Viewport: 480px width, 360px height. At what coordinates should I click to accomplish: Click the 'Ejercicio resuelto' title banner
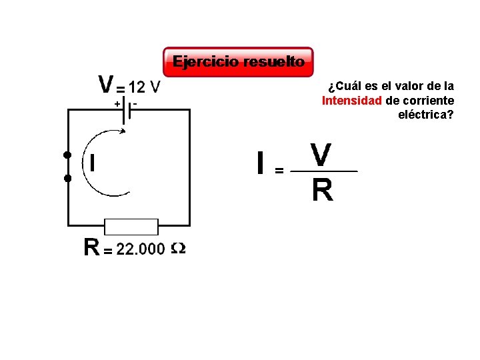[x=238, y=62]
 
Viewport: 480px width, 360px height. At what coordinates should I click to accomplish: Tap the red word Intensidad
[x=352, y=101]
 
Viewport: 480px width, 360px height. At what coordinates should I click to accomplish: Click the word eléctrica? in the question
[x=426, y=115]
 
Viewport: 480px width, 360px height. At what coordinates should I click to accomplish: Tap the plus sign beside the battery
[x=117, y=103]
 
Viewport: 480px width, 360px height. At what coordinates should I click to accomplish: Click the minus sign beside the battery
[x=135, y=103]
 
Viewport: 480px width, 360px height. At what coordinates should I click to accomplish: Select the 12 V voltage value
[x=144, y=87]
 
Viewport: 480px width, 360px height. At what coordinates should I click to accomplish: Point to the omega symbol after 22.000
[x=178, y=249]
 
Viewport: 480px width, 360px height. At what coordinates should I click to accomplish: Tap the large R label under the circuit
[x=92, y=248]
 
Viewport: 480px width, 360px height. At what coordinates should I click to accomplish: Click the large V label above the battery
[x=106, y=85]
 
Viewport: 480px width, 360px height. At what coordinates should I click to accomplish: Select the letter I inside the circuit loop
[x=91, y=163]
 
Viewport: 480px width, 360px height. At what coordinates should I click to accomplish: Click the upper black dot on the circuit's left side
[x=67, y=155]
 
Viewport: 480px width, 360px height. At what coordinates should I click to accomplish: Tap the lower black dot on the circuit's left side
[x=67, y=179]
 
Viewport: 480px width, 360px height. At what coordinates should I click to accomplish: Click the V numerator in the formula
[x=321, y=155]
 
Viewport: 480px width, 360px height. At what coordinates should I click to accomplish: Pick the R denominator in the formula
[x=322, y=191]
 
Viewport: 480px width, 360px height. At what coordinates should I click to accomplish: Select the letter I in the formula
[x=261, y=163]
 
